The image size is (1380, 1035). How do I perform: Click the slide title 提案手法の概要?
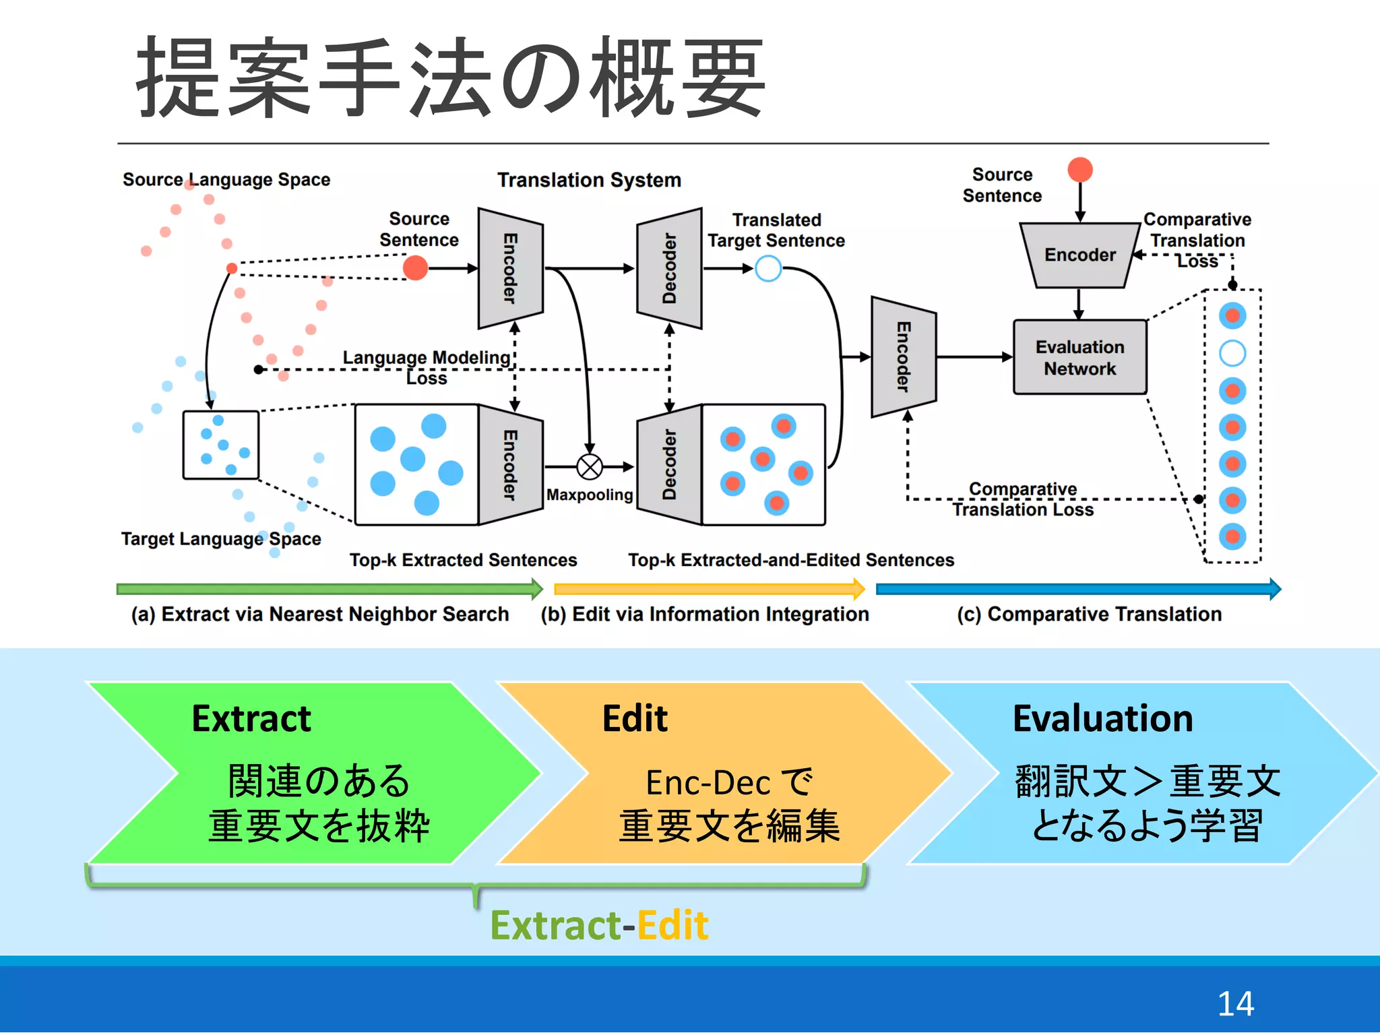(450, 77)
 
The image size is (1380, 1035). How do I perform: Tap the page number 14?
(1234, 1003)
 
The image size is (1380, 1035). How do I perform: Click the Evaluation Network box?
(1079, 357)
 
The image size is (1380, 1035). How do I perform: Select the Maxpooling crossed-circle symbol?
(590, 466)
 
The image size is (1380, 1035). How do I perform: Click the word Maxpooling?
(590, 495)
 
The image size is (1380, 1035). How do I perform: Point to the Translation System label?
(589, 180)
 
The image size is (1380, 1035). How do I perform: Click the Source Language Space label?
(226, 179)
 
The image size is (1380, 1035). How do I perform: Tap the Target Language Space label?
(221, 538)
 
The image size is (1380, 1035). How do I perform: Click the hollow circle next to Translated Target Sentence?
(768, 268)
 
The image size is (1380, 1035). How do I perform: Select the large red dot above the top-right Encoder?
(1079, 170)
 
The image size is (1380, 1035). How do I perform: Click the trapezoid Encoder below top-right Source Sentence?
(1079, 255)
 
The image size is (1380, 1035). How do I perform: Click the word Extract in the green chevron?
(251, 718)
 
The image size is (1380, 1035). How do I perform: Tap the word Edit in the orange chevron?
(634, 718)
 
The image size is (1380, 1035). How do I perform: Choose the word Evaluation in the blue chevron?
(1102, 718)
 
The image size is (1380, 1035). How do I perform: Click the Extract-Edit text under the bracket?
(598, 924)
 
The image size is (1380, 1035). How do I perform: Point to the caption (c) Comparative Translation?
(1089, 614)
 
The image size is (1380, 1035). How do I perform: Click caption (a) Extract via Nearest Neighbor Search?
(320, 614)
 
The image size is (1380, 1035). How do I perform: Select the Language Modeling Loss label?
(426, 367)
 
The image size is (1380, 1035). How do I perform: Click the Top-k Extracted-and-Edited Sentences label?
(791, 560)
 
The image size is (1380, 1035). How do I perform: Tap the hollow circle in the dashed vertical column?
(1232, 353)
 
